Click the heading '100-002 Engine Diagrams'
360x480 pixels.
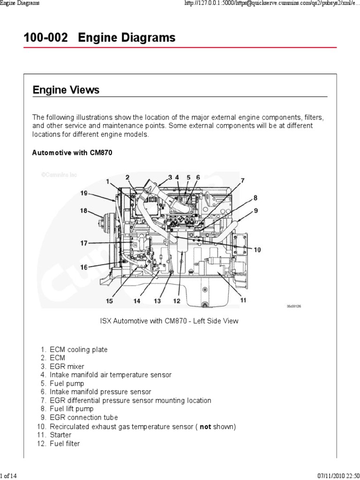click(x=99, y=37)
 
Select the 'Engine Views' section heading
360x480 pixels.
click(x=66, y=90)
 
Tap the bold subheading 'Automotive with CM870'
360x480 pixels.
click(x=72, y=153)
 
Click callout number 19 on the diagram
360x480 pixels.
click(x=83, y=193)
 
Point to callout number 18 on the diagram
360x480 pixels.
click(x=83, y=211)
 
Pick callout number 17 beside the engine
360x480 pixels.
click(x=83, y=243)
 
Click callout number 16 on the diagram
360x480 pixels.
click(x=83, y=267)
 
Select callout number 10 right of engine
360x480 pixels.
click(x=257, y=250)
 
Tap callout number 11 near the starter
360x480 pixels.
click(x=243, y=300)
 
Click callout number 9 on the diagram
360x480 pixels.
click(x=255, y=211)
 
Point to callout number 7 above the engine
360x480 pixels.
click(x=242, y=180)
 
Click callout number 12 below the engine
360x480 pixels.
click(x=176, y=301)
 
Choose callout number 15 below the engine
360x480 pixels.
click(x=109, y=301)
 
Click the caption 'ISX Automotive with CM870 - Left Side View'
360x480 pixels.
click(x=169, y=321)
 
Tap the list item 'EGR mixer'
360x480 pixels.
click(x=67, y=367)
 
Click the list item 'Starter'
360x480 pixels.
click(x=61, y=435)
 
